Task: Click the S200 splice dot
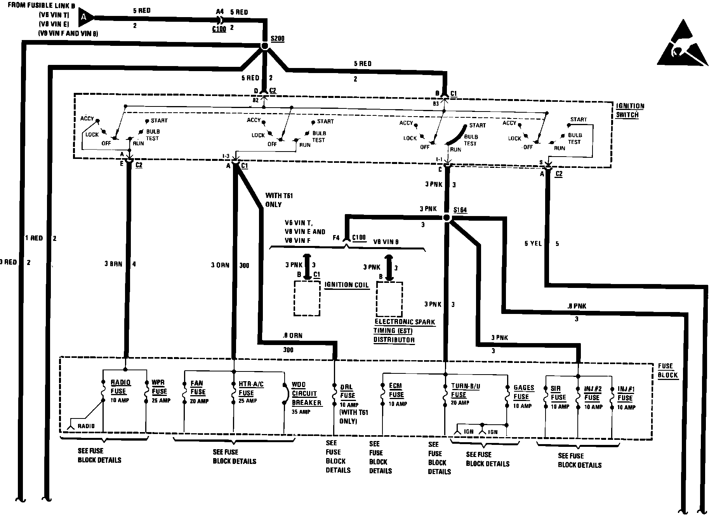(x=264, y=46)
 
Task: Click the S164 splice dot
(x=447, y=218)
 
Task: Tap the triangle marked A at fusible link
(x=85, y=17)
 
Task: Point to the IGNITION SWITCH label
(x=630, y=110)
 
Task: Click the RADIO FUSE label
(x=120, y=387)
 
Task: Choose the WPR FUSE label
(x=159, y=387)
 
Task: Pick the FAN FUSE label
(x=198, y=388)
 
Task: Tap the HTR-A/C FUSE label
(x=251, y=388)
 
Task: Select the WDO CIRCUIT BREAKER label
(x=306, y=394)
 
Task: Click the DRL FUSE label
(x=348, y=391)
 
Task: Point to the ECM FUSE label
(x=396, y=390)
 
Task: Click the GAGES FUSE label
(x=523, y=392)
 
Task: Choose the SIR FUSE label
(x=558, y=393)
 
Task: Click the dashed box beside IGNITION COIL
(x=307, y=298)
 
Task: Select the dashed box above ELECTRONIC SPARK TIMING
(x=389, y=299)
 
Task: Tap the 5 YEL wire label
(x=533, y=244)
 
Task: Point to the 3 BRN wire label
(x=113, y=264)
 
